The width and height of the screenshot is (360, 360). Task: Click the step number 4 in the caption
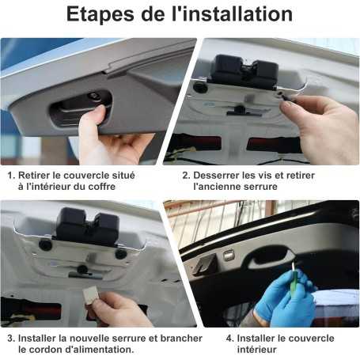(x=229, y=338)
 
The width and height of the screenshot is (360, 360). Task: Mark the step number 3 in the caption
(x=10, y=338)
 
